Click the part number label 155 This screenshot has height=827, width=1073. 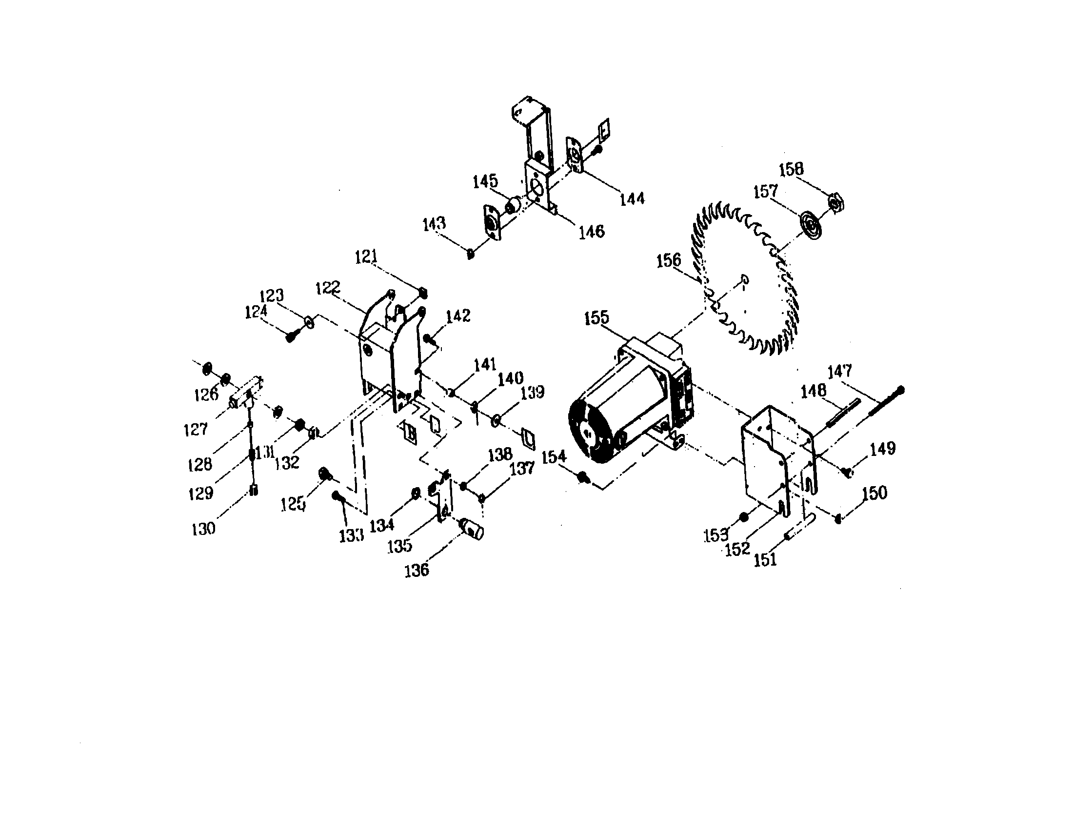(596, 318)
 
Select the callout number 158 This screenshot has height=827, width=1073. (791, 169)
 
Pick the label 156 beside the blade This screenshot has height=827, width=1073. (669, 260)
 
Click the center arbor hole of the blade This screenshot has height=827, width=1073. (745, 280)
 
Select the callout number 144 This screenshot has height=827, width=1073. (632, 199)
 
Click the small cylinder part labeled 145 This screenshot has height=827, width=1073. (513, 205)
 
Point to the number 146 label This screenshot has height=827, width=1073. (591, 231)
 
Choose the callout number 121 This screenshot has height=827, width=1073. (366, 257)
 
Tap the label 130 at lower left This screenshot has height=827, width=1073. (203, 529)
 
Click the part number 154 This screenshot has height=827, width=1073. (554, 457)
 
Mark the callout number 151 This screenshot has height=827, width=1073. (765, 559)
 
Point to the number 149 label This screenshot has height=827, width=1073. (882, 449)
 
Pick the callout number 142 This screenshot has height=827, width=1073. (458, 316)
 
